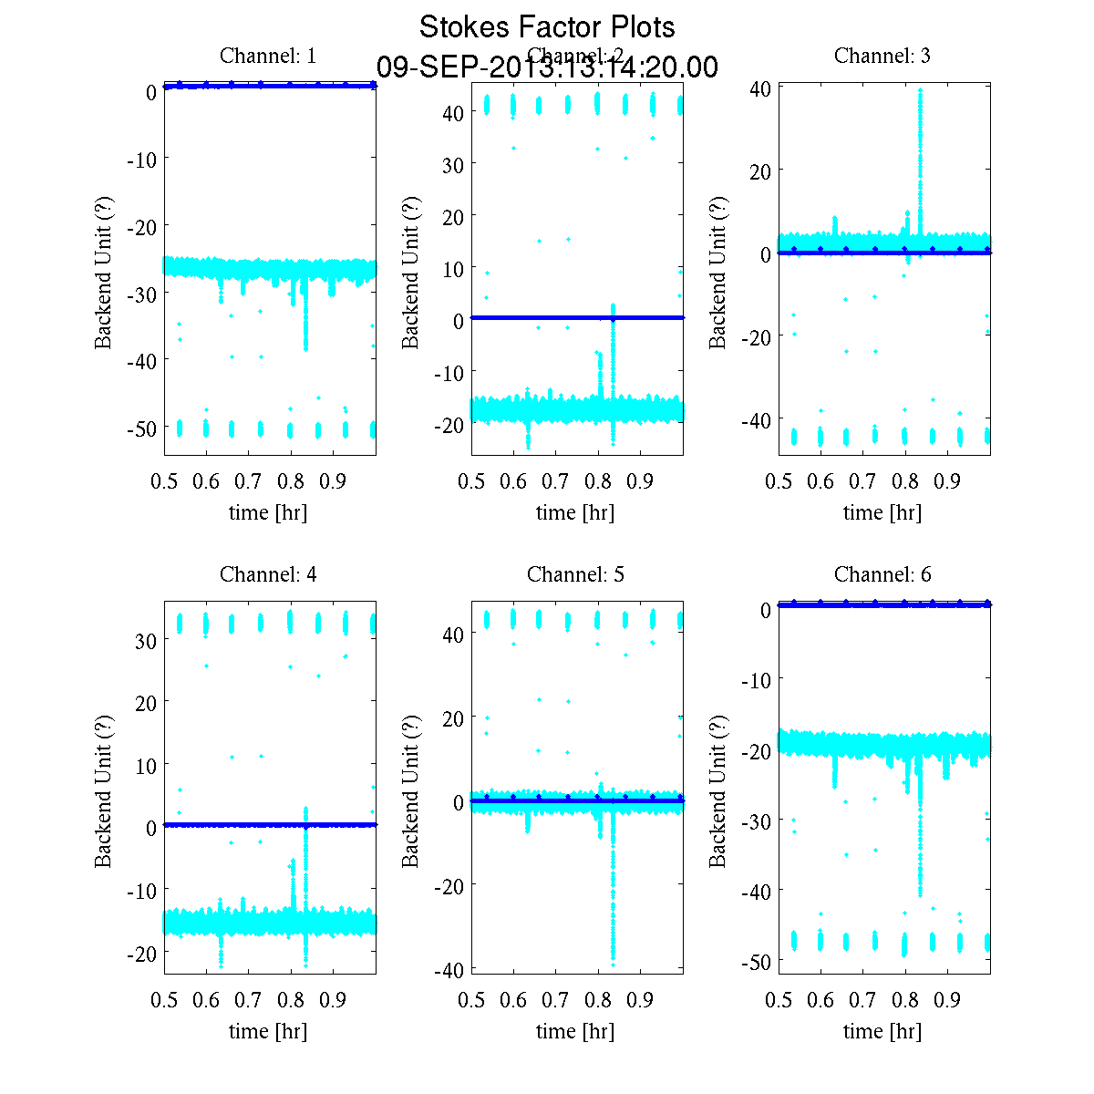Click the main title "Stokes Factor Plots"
coord(547,27)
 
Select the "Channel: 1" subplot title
coord(268,56)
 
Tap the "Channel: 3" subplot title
coord(882,56)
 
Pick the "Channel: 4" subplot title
coord(268,574)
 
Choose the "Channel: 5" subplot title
coord(575,574)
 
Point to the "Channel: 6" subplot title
coord(882,574)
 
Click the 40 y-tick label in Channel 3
coord(760,88)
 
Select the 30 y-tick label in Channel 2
coord(453,165)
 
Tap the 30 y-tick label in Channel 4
coord(146,641)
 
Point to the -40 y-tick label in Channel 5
coord(450,970)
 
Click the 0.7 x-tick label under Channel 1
coord(248,481)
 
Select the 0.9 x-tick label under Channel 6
coord(947,1000)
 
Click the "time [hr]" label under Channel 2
coord(575,512)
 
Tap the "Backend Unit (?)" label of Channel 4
coord(103,790)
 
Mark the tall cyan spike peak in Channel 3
coord(921,90)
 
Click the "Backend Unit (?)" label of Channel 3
coord(717,272)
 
